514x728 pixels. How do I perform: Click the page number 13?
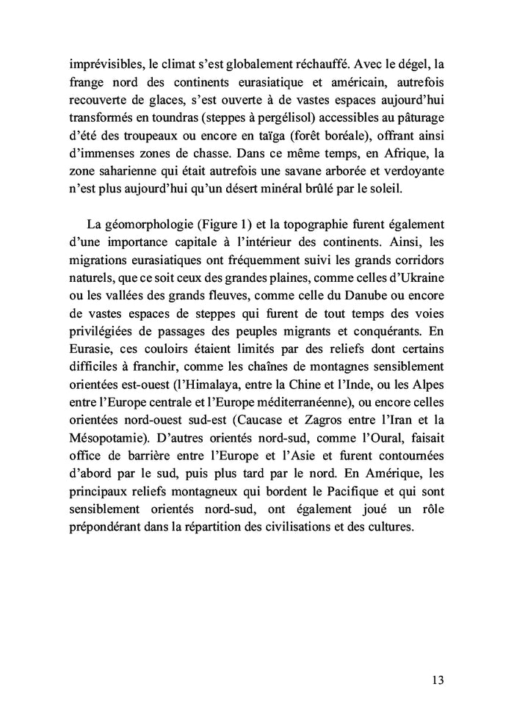tap(437, 680)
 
